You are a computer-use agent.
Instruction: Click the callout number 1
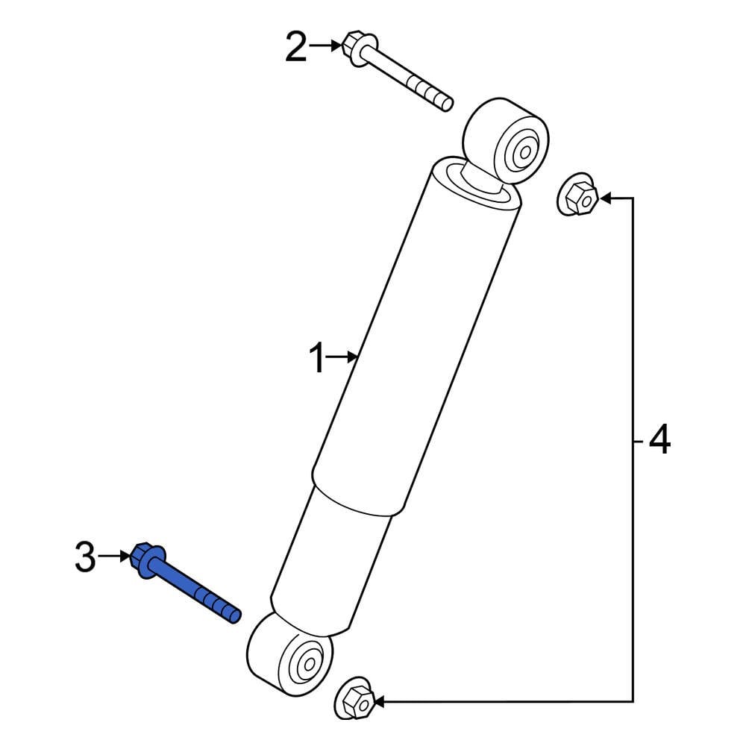(x=319, y=360)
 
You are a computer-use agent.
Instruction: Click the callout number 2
(x=296, y=48)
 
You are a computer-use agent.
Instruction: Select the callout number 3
(x=86, y=557)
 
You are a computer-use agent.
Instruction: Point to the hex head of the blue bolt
(x=145, y=560)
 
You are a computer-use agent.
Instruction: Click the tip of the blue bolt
(x=235, y=615)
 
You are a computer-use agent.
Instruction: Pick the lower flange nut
(x=356, y=699)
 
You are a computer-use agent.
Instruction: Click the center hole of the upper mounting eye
(x=524, y=154)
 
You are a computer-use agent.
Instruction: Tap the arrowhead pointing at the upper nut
(x=606, y=198)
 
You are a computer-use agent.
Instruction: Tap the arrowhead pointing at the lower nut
(x=380, y=701)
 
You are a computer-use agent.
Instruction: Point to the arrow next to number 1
(x=345, y=359)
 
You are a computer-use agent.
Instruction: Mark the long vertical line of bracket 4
(x=633, y=448)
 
